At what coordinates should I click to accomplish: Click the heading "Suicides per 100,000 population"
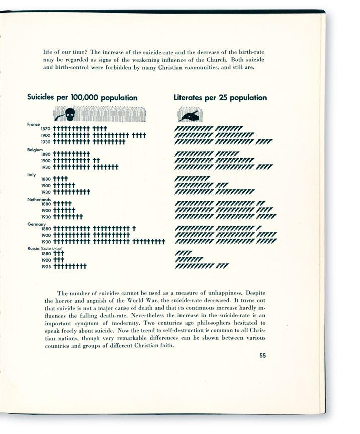(x=82, y=98)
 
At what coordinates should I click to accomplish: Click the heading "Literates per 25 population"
(x=220, y=98)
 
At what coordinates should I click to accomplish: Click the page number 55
(x=263, y=356)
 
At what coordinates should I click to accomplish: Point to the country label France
(x=34, y=124)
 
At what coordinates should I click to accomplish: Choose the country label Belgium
(x=35, y=150)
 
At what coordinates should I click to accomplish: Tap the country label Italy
(x=31, y=175)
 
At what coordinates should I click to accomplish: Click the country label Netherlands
(x=39, y=199)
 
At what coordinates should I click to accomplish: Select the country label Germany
(x=36, y=224)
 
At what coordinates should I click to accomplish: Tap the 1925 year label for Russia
(x=46, y=266)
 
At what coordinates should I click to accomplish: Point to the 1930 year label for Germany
(x=46, y=242)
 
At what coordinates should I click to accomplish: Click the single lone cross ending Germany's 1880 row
(x=134, y=229)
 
